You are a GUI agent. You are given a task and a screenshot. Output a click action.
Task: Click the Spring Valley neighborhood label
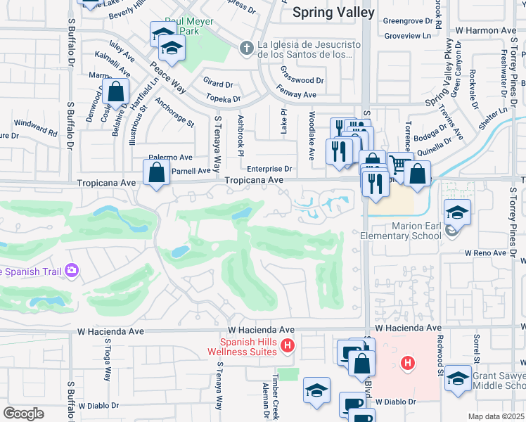click(326, 12)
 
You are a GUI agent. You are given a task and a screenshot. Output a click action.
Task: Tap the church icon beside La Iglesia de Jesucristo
click(245, 48)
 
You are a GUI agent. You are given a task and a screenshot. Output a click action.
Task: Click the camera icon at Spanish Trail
click(71, 270)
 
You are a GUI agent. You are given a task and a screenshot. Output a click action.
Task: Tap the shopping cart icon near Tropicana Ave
click(399, 165)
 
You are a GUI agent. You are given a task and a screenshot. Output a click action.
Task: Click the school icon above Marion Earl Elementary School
click(457, 211)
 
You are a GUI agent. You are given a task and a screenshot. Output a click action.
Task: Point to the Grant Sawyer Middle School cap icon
click(458, 378)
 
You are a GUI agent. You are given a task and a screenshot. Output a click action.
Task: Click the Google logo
click(23, 413)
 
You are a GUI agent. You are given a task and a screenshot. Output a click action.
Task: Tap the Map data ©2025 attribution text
click(496, 416)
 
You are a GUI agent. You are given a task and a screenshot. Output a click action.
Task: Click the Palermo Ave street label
click(170, 158)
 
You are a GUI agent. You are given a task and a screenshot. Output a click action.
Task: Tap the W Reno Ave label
click(485, 252)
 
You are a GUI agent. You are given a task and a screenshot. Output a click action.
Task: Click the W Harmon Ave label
click(485, 31)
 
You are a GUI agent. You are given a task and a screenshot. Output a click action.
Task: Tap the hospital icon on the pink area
click(406, 363)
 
